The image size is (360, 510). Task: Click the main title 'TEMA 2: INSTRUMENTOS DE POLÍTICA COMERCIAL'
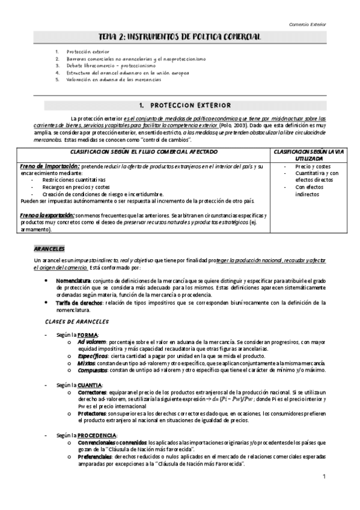pos(180,37)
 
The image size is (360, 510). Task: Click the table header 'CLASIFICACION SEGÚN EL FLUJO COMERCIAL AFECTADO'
pos(144,152)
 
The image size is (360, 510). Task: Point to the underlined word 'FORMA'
pos(88,334)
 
